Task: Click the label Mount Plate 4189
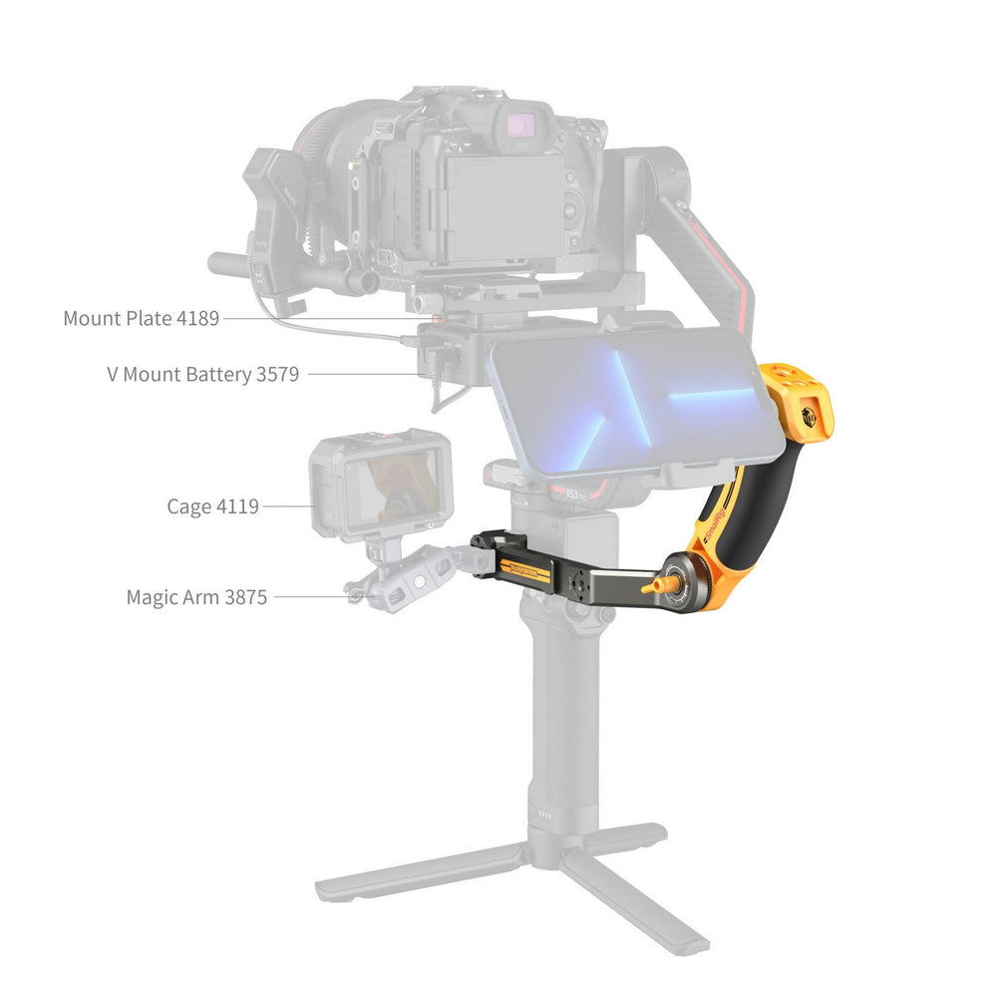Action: [x=142, y=318]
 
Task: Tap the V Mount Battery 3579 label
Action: [x=202, y=374]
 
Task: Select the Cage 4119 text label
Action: [x=213, y=506]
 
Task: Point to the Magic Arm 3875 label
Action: [x=196, y=597]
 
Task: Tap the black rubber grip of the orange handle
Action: [x=754, y=502]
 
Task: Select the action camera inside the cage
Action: [x=381, y=484]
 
